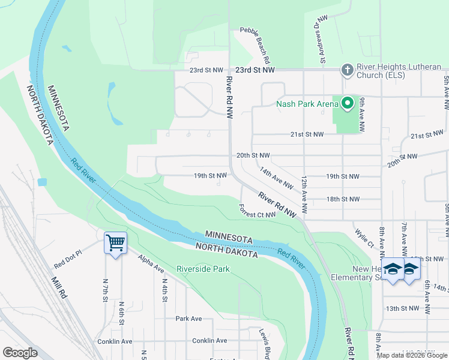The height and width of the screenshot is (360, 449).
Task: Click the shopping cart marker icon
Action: coord(115,243)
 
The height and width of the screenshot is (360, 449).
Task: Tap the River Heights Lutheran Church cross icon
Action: coord(346,70)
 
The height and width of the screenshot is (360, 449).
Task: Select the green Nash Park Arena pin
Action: coord(346,103)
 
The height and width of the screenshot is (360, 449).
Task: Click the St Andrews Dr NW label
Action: coord(322,40)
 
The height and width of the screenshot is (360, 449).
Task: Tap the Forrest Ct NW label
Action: coord(257,211)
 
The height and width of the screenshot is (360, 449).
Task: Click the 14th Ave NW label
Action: coord(276,178)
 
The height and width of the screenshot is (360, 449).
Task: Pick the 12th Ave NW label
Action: coord(304,196)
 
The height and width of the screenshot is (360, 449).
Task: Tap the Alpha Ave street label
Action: coord(150,262)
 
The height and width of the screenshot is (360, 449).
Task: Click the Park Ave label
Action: coord(188,319)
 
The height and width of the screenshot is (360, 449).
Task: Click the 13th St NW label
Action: coord(402,308)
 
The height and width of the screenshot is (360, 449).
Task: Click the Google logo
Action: coord(20,353)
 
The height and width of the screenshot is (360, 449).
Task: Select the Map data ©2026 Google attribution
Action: coord(411,355)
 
